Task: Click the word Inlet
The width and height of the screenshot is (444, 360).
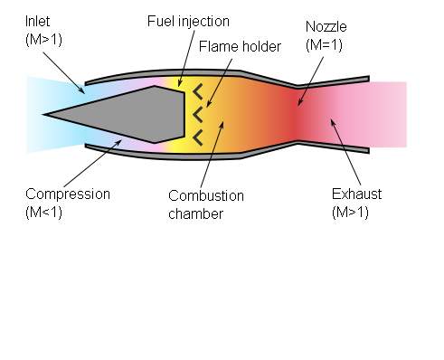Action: [37, 22]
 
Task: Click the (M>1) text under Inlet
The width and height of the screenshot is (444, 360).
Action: [44, 40]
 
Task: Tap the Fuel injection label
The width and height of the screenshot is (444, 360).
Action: [188, 22]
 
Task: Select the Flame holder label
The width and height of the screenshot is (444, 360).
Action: [240, 47]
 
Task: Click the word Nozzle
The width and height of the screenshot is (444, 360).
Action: [326, 27]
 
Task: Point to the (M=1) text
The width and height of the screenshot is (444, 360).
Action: [324, 45]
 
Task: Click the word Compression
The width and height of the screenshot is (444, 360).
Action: [68, 194]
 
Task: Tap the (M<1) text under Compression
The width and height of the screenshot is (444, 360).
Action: [44, 213]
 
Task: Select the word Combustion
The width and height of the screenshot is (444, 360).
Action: [206, 196]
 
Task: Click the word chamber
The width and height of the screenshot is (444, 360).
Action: [196, 214]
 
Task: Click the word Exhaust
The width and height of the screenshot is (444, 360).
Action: [356, 194]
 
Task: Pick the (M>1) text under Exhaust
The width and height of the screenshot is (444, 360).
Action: [350, 213]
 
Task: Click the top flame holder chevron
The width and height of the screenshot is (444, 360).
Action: [198, 92]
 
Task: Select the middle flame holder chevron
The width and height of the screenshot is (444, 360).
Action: [198, 115]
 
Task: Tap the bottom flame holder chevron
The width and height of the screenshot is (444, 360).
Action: [198, 137]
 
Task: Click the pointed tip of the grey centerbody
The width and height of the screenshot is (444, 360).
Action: [43, 115]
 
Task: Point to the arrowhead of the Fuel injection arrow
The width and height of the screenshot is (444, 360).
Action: [180, 83]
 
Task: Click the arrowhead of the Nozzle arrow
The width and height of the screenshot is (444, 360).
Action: [299, 102]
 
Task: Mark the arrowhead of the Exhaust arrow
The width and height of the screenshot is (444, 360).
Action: [332, 122]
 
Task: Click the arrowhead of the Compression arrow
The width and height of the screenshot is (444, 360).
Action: [118, 142]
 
